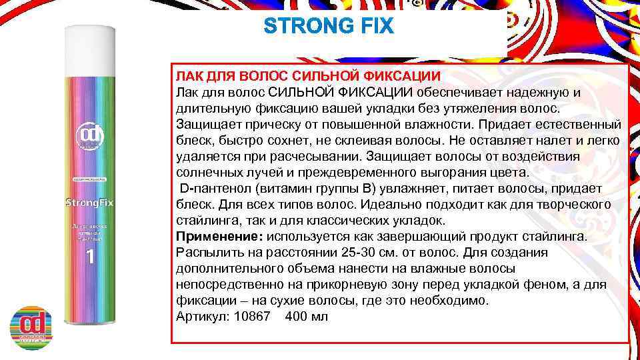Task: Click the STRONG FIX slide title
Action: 329,27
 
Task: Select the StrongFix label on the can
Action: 91,202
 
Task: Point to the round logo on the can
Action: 91,134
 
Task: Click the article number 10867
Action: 253,316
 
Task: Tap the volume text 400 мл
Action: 306,316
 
